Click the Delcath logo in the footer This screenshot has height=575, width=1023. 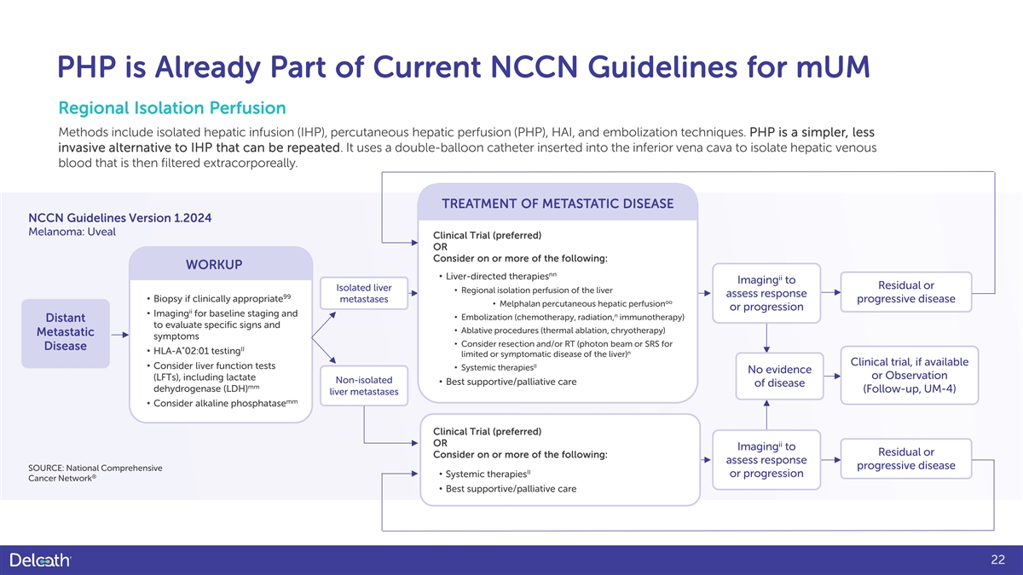coord(40,560)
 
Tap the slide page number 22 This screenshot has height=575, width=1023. coord(998,560)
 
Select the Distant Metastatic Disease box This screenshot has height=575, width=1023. coord(66,333)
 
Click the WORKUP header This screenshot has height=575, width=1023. coord(214,265)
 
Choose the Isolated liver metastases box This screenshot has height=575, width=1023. coord(364,293)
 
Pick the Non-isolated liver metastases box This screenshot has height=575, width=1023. coord(364,386)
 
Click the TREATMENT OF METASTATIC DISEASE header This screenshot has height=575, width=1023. coord(558,204)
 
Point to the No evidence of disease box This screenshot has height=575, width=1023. coord(779,376)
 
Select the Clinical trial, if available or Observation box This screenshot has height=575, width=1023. coord(910,375)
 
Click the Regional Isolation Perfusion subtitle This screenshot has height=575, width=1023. coord(172,108)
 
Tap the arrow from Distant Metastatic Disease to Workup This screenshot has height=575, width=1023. coord(119,335)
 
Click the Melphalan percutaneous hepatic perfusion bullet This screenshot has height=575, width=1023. coord(583,303)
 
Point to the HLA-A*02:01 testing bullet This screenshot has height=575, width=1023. coord(195,351)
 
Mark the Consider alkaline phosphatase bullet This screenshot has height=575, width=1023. coord(222,404)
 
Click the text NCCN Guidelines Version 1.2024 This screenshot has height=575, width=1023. coord(119,218)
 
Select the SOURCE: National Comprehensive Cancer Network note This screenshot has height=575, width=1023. coord(95,474)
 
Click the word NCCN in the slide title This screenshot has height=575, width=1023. coord(534,67)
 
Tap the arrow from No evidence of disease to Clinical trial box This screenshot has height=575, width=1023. coord(832,376)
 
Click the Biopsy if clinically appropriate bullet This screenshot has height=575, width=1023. coord(218,298)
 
